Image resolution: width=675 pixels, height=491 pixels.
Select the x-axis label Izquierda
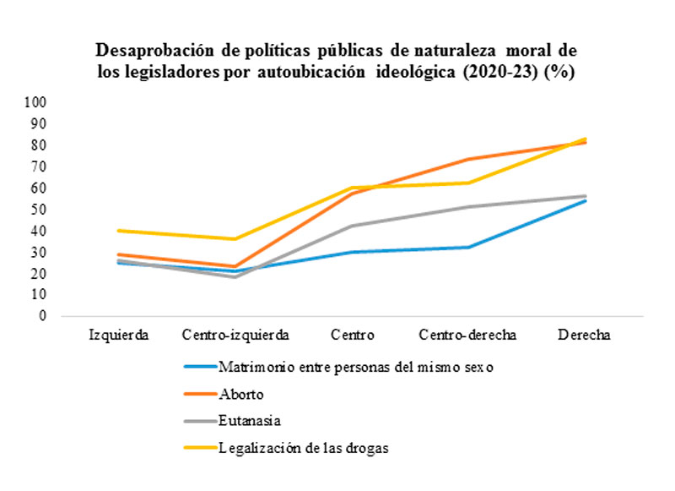point(119,335)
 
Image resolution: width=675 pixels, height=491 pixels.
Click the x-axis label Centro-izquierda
point(235,335)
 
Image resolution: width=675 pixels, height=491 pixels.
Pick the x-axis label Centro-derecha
point(467,335)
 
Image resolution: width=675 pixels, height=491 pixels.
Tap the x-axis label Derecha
point(584,335)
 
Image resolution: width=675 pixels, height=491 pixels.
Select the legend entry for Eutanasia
point(249,421)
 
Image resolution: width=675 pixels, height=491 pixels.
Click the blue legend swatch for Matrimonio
point(198,368)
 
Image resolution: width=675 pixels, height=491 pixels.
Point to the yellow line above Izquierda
point(119,231)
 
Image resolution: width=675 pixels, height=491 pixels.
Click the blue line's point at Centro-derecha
point(467,247)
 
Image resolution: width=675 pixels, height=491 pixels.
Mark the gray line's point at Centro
point(352,226)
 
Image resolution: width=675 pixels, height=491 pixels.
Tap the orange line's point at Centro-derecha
point(467,159)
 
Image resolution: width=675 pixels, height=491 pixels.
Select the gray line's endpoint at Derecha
point(584,196)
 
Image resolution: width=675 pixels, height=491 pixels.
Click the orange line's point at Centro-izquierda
point(235,266)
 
